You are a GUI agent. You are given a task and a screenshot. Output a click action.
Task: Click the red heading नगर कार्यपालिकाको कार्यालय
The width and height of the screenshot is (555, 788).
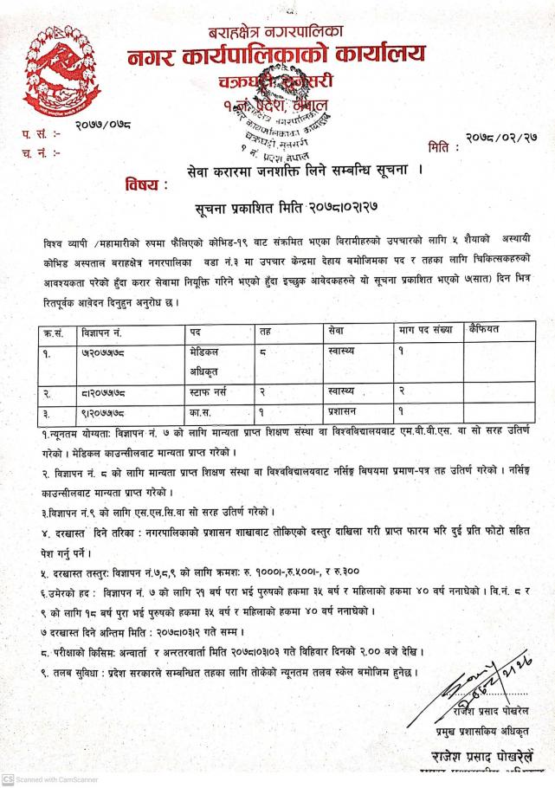[276, 57]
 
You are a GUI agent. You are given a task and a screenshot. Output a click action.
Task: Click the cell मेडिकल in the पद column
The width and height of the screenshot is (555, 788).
[208, 352]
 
